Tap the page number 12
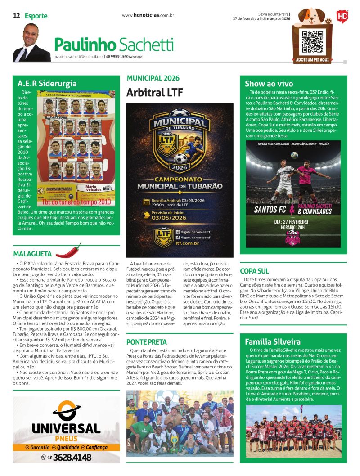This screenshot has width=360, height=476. (x=16, y=16)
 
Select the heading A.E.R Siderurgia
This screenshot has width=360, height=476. (x=47, y=84)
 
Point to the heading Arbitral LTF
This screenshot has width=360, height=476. (x=155, y=93)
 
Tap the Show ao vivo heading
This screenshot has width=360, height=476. (x=269, y=84)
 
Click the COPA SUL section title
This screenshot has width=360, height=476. (x=254, y=271)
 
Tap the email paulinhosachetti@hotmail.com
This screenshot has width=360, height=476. (x=79, y=57)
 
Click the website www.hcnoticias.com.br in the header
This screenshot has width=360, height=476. (x=148, y=16)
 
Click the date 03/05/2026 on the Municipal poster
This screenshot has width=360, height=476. (x=162, y=217)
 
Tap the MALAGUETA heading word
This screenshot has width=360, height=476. (x=32, y=254)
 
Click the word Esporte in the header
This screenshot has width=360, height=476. (x=36, y=16)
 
